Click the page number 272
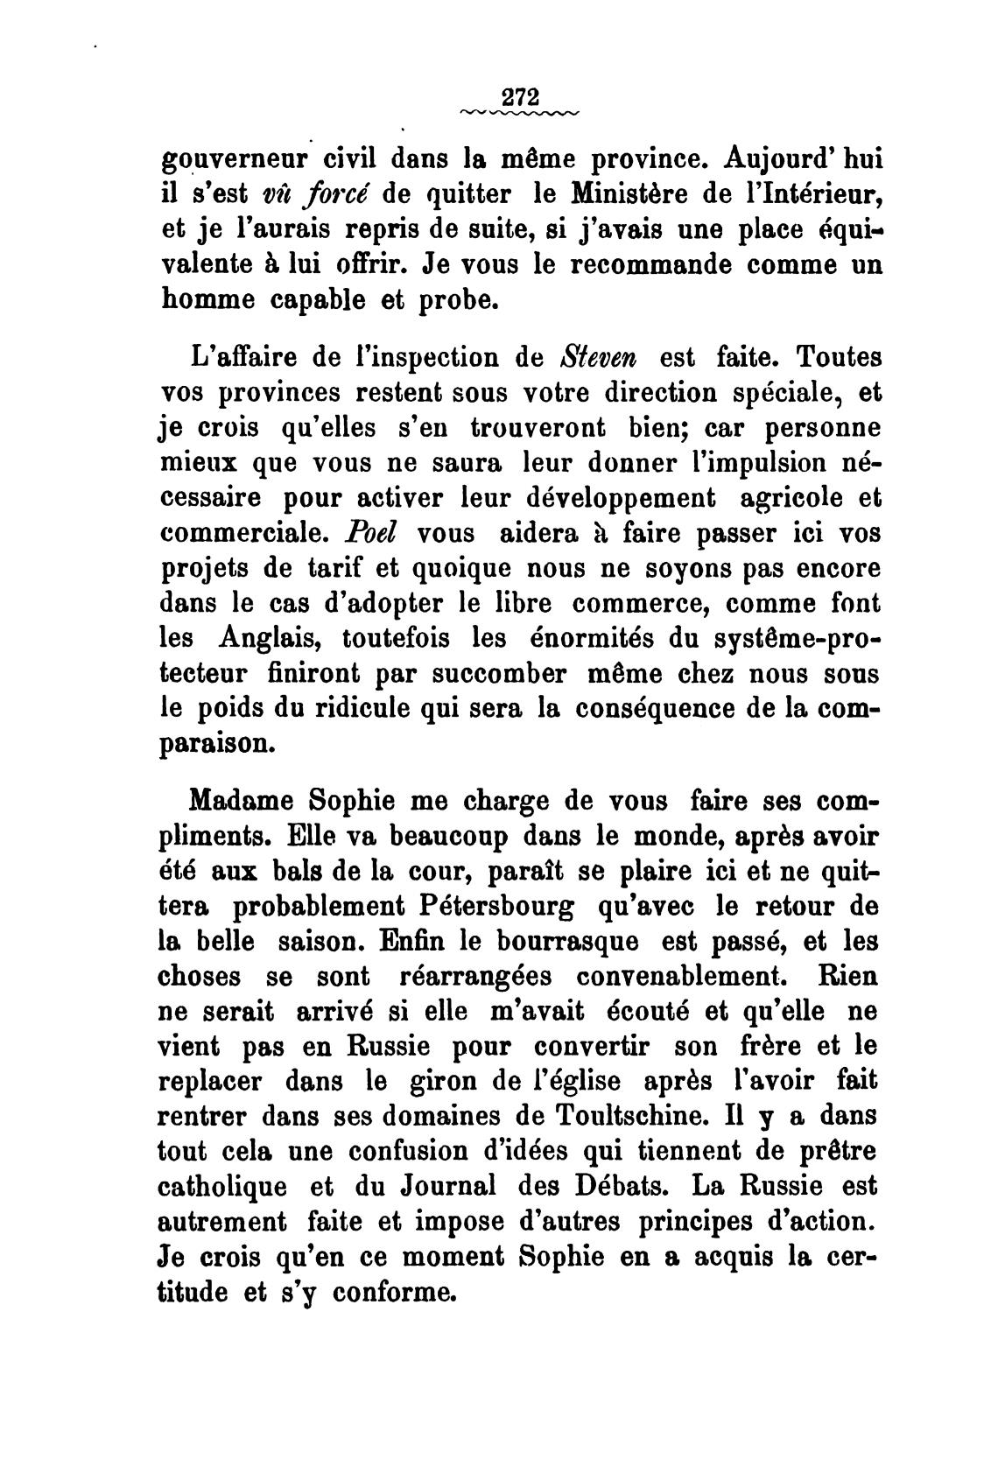[518, 95]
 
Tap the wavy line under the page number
[518, 113]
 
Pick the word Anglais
[268, 638]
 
